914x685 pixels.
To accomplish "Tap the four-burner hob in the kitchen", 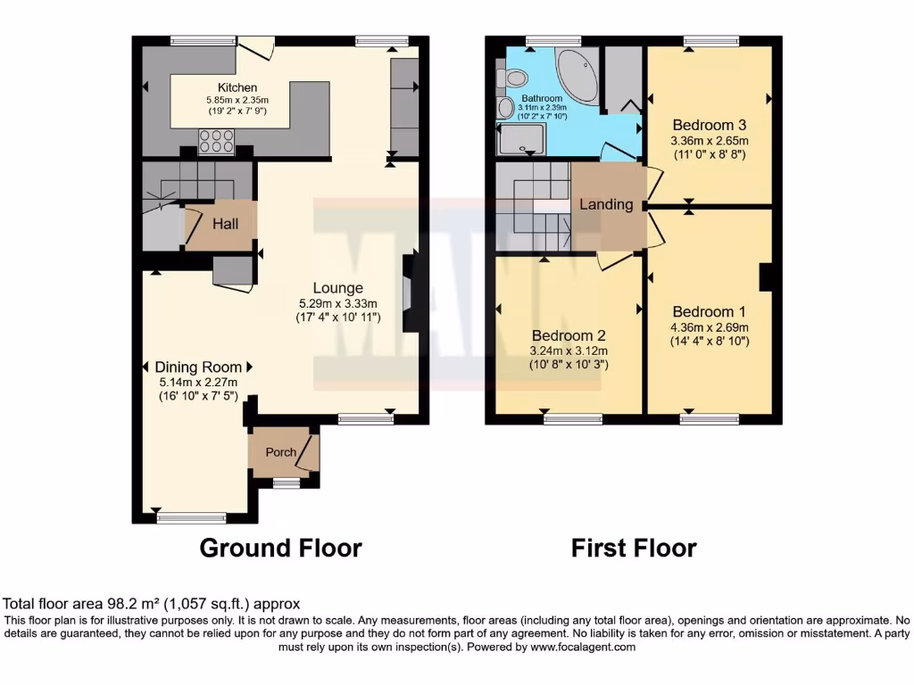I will tap(216, 141).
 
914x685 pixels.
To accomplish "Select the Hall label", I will tap(225, 224).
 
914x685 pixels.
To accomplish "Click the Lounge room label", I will tap(337, 288).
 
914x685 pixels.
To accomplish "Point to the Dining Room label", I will tap(198, 367).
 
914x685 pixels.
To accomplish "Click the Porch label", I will tap(280, 452).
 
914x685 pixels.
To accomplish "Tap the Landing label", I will tap(606, 204).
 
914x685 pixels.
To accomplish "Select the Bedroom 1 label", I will tap(709, 312).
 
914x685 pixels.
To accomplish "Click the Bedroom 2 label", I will tap(569, 335).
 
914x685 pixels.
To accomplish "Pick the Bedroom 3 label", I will tap(709, 125).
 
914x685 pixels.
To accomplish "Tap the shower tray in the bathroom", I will tap(519, 140).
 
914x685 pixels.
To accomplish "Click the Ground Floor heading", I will tap(280, 548).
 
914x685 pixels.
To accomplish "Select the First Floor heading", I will tap(634, 548).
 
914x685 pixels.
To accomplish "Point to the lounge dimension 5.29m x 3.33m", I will tap(337, 302).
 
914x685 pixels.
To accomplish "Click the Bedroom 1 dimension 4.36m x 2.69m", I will tap(709, 326).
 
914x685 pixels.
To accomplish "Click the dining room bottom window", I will tap(191, 517).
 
